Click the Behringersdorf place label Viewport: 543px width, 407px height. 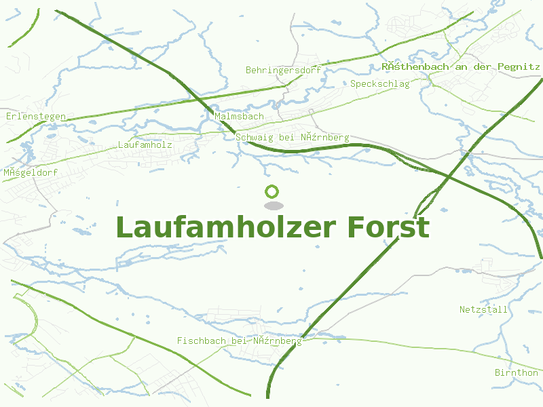pyautogui.click(x=283, y=70)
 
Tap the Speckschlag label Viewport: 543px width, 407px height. pyautogui.click(x=380, y=84)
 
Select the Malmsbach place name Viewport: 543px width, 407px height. pyautogui.click(x=239, y=117)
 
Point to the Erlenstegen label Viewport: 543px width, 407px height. pyautogui.click(x=36, y=117)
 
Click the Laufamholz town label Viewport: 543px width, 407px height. pyautogui.click(x=145, y=144)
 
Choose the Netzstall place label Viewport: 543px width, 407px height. pyautogui.click(x=483, y=309)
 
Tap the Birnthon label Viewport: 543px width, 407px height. pyautogui.click(x=516, y=373)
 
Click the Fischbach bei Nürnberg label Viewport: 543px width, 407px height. pyautogui.click(x=239, y=341)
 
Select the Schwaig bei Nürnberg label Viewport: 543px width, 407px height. pyautogui.click(x=293, y=138)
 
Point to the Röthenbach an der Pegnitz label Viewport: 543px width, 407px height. pyautogui.click(x=461, y=66)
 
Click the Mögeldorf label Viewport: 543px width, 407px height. pyautogui.click(x=31, y=172)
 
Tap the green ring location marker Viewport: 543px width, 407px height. pyautogui.click(x=272, y=192)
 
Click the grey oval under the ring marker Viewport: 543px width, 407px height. pyautogui.click(x=273, y=206)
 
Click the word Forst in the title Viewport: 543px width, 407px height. pyautogui.click(x=388, y=227)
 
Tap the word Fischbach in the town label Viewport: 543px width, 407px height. pyautogui.click(x=202, y=341)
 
